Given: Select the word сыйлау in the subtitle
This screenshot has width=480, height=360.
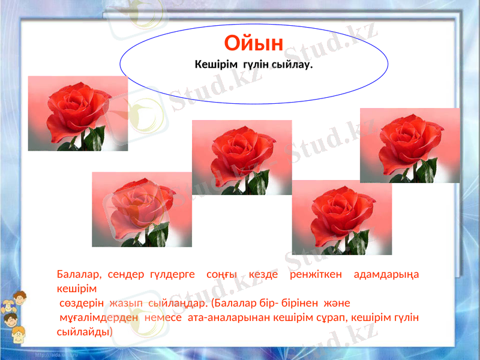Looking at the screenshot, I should (291, 64).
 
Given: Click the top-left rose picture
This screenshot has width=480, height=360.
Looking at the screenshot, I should (78, 113).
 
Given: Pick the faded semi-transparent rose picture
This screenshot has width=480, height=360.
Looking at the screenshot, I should (142, 209).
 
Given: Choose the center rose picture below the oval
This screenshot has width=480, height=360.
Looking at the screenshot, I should (242, 157).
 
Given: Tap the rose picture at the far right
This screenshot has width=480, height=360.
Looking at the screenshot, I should (410, 145).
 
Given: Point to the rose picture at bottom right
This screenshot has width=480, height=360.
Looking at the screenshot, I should (341, 217).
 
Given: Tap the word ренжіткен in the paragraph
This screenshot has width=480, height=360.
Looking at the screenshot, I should (316, 275).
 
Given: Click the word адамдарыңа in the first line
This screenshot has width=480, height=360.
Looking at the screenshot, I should (387, 275).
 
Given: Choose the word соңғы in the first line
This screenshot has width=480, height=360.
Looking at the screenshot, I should (221, 275).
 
